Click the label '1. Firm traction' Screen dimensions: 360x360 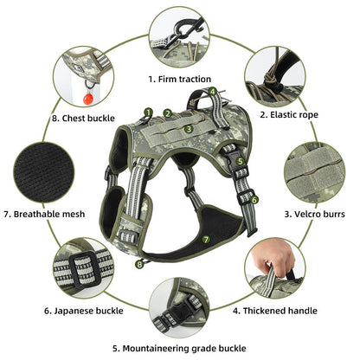click(x=179, y=79)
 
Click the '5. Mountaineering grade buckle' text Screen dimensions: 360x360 click(x=179, y=349)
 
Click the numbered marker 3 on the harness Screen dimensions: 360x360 click(x=190, y=129)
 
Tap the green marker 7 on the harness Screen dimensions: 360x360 click(x=205, y=237)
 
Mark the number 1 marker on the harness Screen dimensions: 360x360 click(x=148, y=112)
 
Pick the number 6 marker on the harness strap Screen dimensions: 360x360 click(x=254, y=199)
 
